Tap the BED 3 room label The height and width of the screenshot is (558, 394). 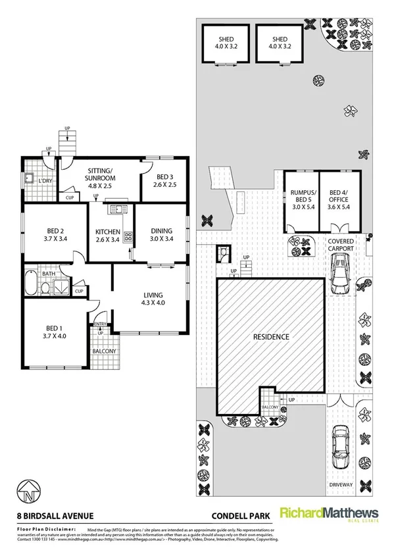tap(163, 181)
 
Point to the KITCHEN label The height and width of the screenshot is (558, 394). tap(107, 236)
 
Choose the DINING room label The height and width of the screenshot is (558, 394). tap(161, 235)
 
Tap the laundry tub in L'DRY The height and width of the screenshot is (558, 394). tap(29, 179)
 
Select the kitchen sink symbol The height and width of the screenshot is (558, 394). tap(118, 210)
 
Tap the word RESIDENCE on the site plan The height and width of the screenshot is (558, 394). tap(271, 337)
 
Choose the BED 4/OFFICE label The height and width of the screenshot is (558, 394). tap(340, 199)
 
